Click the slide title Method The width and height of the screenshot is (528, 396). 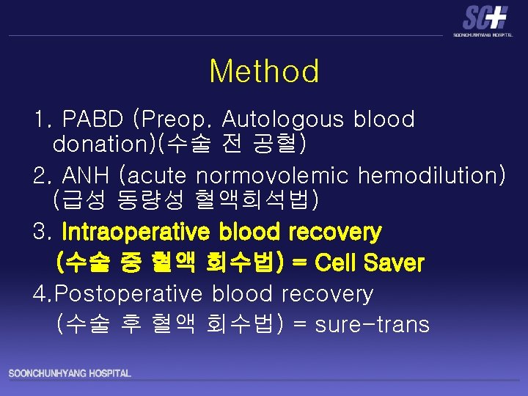(264, 72)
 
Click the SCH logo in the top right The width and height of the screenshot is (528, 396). (485, 19)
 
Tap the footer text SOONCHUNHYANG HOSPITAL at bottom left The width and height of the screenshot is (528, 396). (70, 374)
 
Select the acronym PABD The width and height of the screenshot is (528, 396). (93, 119)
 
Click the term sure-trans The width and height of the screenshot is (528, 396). (372, 324)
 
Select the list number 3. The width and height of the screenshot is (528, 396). (42, 232)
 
